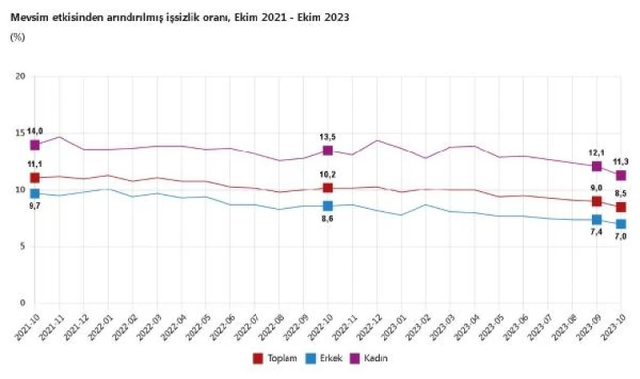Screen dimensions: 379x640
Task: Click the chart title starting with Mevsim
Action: pos(180,17)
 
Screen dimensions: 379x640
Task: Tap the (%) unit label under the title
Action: pos(18,37)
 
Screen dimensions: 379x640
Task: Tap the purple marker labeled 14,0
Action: pos(35,145)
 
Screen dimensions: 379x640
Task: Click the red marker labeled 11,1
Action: pos(35,178)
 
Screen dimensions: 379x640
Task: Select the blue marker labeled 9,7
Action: pos(35,194)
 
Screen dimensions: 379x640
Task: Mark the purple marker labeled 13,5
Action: pos(328,150)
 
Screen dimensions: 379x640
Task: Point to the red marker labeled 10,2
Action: pos(328,188)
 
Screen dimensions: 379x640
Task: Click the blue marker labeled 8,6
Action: pos(328,206)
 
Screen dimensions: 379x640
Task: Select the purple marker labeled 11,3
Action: pos(621,175)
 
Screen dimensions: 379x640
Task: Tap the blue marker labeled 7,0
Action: pos(621,224)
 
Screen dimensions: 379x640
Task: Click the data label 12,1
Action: pos(596,153)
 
